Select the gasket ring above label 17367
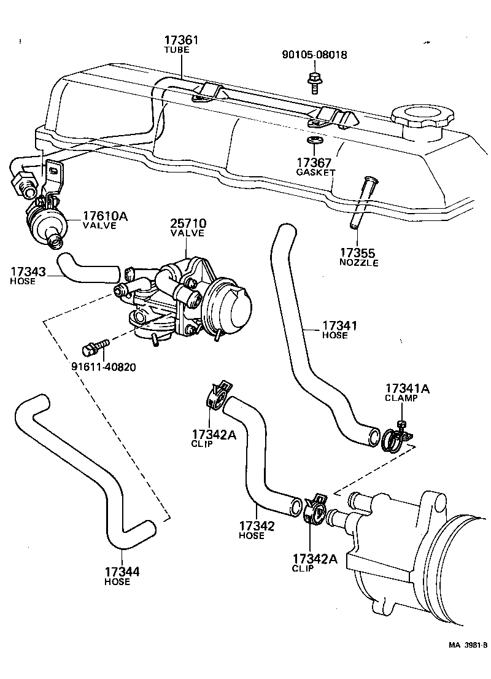pyautogui.click(x=314, y=143)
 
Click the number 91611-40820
pyautogui.click(x=102, y=367)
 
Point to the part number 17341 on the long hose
pyautogui.click(x=339, y=326)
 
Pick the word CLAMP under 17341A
pyautogui.click(x=401, y=398)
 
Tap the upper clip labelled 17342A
pyautogui.click(x=217, y=396)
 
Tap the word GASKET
pyautogui.click(x=315, y=173)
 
